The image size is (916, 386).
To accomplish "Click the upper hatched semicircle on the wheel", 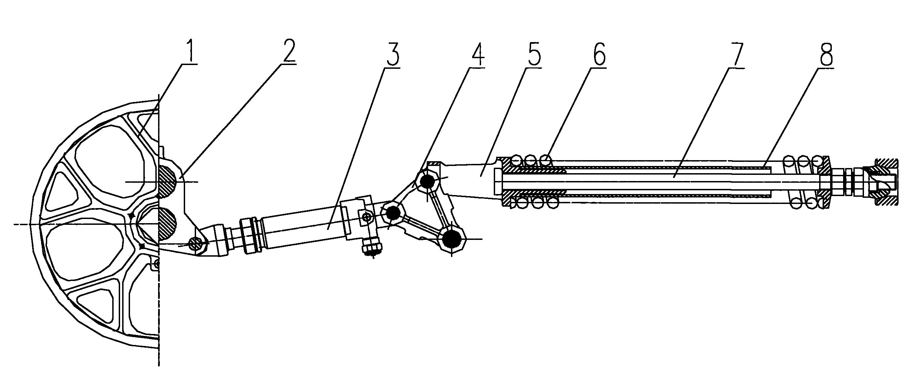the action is tap(167, 182).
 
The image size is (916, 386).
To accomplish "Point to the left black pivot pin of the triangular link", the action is tap(393, 214).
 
